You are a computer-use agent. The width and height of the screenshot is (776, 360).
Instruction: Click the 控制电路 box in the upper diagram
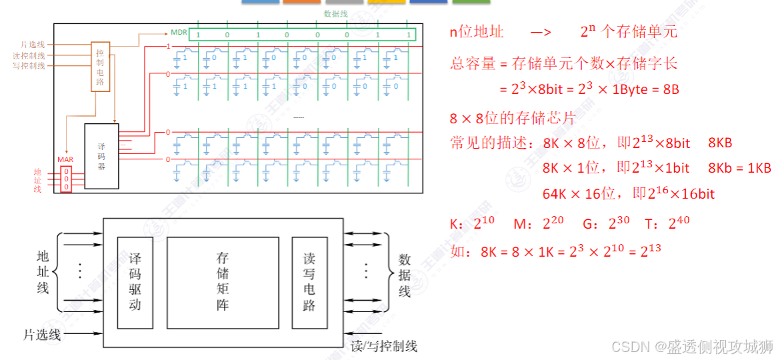pyautogui.click(x=100, y=67)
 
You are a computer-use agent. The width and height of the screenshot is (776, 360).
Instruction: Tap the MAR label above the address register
pyautogui.click(x=65, y=160)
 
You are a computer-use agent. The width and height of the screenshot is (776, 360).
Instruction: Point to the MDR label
pyautogui.click(x=179, y=32)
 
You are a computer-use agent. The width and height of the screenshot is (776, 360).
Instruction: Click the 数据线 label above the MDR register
pyautogui.click(x=335, y=13)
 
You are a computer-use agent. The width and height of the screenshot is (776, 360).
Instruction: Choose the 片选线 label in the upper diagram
pyautogui.click(x=34, y=45)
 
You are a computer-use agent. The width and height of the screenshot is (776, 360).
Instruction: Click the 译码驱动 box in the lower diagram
pyautogui.click(x=135, y=282)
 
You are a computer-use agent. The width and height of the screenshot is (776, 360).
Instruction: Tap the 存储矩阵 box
pyautogui.click(x=223, y=282)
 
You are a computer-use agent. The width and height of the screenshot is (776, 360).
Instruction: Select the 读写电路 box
pyautogui.click(x=309, y=282)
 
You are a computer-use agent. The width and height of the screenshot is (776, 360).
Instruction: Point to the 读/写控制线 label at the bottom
pyautogui.click(x=383, y=346)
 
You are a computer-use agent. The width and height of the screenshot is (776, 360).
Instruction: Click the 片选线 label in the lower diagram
pyautogui.click(x=41, y=334)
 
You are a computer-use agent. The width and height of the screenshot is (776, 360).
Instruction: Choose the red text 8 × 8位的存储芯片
pyautogui.click(x=512, y=119)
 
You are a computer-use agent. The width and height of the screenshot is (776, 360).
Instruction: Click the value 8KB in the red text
pyautogui.click(x=720, y=143)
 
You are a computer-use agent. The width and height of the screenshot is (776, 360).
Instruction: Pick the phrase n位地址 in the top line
pyautogui.click(x=477, y=32)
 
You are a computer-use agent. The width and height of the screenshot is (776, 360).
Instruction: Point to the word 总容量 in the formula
pyautogui.click(x=473, y=63)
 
